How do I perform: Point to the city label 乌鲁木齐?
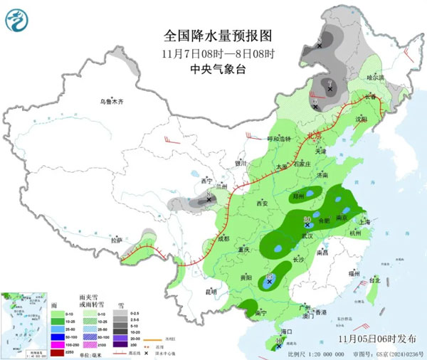[111, 102]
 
